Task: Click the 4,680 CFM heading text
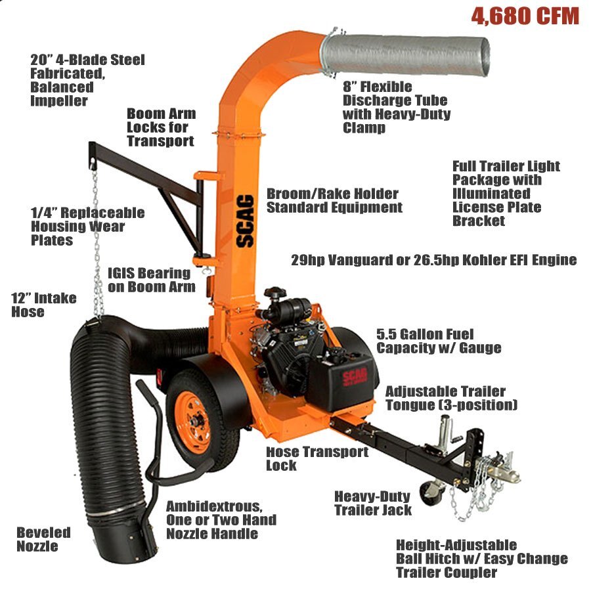point(525,16)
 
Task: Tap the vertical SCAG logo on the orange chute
point(245,221)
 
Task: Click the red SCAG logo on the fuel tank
point(355,378)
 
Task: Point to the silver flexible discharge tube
point(405,56)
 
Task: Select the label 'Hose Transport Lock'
point(317,458)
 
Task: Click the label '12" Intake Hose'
point(44,305)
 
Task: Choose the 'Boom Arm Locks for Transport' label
point(161,127)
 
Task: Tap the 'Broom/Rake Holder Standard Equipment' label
point(334,200)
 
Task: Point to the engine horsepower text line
point(434,260)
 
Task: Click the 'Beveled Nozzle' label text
point(43,539)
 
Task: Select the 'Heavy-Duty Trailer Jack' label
point(373,503)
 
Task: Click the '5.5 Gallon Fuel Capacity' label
point(439,341)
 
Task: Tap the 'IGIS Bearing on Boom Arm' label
point(152,280)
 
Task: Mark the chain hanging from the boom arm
point(97,241)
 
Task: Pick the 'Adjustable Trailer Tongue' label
point(451,399)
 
